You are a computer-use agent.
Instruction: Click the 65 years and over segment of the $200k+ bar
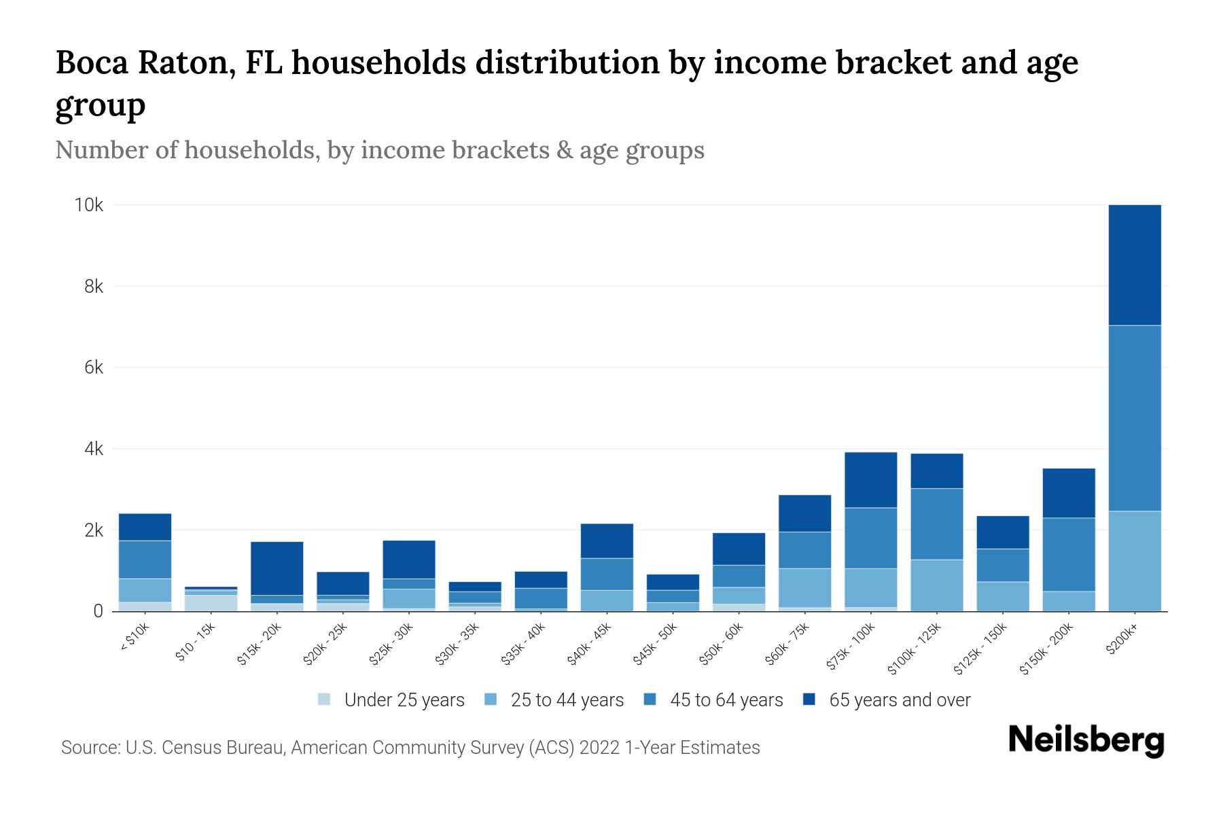pos(1134,265)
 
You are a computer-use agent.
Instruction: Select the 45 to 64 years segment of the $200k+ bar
pos(1134,418)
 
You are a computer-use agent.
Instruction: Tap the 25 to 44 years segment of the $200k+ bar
pos(1134,561)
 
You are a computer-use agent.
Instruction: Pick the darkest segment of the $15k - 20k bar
pos(277,568)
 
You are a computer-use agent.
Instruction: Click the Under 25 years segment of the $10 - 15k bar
pos(211,603)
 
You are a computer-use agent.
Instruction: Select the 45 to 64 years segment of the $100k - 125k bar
pos(936,524)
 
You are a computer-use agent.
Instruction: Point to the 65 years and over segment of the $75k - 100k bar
pos(870,480)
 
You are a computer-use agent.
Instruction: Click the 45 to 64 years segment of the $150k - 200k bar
pos(1068,554)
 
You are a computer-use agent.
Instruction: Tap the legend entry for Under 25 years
pos(391,700)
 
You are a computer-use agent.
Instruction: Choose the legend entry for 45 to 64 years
pos(713,700)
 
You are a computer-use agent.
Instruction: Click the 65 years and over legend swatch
pos(809,700)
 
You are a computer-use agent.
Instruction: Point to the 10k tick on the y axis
pos(89,205)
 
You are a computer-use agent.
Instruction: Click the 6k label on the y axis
pos(94,368)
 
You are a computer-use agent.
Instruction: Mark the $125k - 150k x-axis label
pos(980,650)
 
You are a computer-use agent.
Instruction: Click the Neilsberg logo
pos(1086,740)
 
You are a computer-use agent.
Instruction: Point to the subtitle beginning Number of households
pos(380,150)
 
